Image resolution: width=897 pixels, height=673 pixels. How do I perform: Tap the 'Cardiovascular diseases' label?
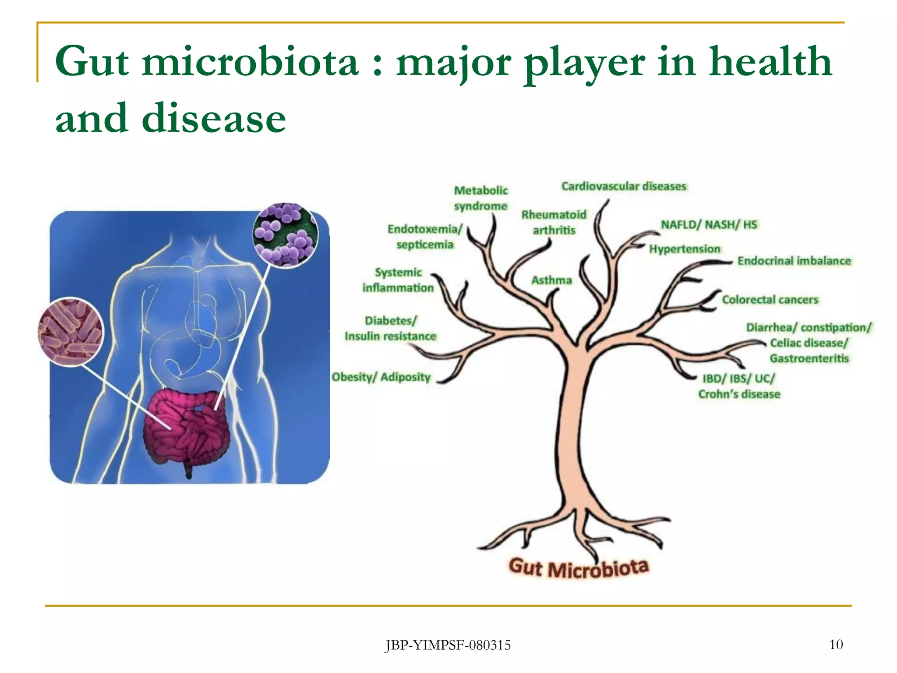point(624,187)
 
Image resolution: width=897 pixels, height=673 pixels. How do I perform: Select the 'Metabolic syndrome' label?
point(480,198)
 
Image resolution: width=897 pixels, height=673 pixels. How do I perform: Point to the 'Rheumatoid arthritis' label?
point(554,222)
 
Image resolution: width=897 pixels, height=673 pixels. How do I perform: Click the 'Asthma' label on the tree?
point(551,280)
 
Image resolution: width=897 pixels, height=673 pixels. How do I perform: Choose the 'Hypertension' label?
point(685,249)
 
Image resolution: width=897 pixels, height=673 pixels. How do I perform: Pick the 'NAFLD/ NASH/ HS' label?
point(709,225)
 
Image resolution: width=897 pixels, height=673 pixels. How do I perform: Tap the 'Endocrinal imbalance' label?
point(794,261)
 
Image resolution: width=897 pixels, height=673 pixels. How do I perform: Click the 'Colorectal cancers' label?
point(770,300)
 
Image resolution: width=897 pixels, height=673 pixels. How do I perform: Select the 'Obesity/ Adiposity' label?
point(381,377)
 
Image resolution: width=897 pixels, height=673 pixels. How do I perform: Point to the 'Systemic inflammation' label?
point(398,280)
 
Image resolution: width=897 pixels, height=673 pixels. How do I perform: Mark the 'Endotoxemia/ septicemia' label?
point(425,237)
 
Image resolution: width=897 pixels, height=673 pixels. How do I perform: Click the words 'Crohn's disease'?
point(739,394)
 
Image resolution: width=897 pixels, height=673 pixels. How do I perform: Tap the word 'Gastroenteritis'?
point(809,358)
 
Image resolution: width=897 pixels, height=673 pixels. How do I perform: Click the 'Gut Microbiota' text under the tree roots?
point(578,568)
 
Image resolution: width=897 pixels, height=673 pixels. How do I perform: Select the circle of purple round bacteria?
point(286,235)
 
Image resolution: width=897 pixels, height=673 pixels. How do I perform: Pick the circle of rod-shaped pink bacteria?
point(71,331)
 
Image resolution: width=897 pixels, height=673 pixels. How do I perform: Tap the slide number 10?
point(836,645)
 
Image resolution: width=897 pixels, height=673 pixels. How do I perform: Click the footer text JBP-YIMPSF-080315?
point(448,645)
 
